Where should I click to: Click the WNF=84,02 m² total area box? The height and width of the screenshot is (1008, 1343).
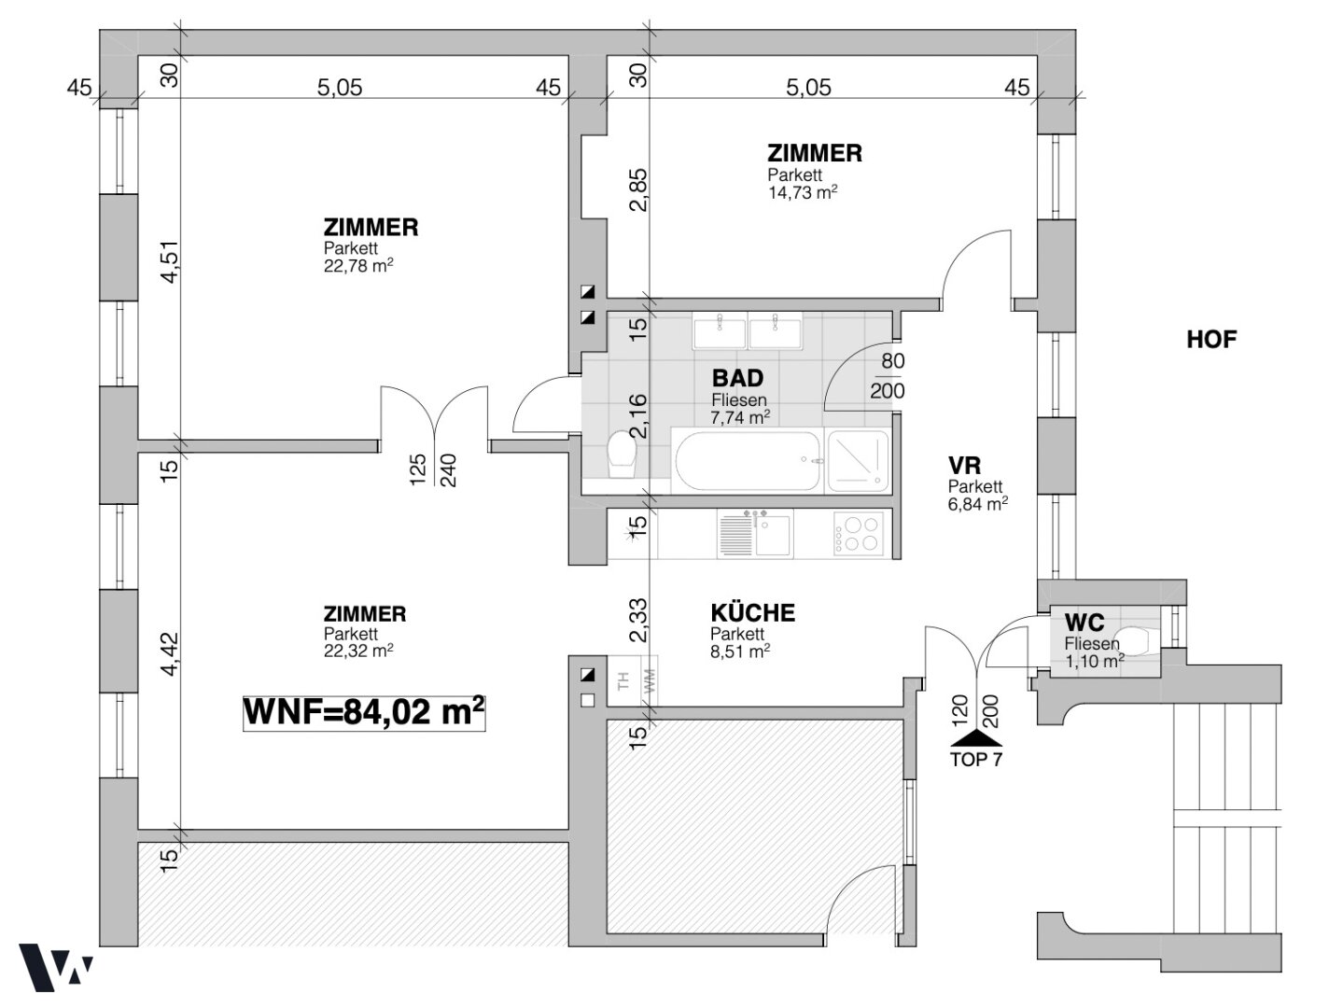tap(364, 713)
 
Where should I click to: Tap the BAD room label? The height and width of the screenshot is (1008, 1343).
tap(737, 378)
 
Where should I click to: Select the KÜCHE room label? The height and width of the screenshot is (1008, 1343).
tap(752, 613)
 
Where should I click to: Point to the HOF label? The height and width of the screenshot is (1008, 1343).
tap(1211, 340)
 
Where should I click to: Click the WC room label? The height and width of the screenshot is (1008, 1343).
tap(1084, 623)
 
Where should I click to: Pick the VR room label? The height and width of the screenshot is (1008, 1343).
tap(964, 466)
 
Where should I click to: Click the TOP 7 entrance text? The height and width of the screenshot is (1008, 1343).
tap(976, 760)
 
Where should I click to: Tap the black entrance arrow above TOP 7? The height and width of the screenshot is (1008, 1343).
tap(976, 739)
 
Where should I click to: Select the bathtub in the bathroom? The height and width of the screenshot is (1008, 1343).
tap(747, 461)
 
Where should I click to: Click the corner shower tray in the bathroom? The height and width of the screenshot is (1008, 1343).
tap(857, 461)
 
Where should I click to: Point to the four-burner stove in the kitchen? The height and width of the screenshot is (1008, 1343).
tap(858, 533)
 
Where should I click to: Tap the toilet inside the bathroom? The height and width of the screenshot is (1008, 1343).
tap(623, 455)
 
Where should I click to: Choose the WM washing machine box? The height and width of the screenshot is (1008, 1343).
tap(650, 680)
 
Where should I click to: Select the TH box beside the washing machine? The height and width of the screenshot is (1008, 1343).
tap(623, 680)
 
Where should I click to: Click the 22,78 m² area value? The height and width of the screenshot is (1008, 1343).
tap(358, 266)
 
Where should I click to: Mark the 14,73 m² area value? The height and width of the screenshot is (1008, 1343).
tap(802, 192)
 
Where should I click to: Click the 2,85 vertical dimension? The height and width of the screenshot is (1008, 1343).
tap(637, 190)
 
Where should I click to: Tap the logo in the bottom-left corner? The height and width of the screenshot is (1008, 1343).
tap(55, 968)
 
